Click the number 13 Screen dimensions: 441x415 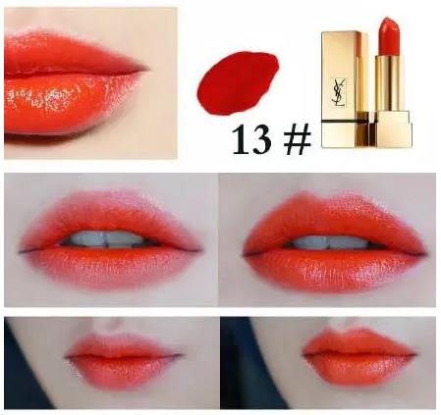(x=251, y=139)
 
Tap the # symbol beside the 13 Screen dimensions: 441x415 (x=298, y=140)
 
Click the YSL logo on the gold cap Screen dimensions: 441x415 (x=338, y=92)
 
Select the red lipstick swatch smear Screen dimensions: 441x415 (x=238, y=83)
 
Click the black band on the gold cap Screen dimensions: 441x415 (x=345, y=122)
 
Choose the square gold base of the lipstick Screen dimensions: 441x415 (x=390, y=129)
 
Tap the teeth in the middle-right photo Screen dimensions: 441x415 (x=329, y=242)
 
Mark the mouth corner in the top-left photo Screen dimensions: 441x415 (x=145, y=69)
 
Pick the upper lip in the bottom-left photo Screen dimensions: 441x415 (x=121, y=346)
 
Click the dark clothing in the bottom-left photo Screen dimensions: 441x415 (x=23, y=376)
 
